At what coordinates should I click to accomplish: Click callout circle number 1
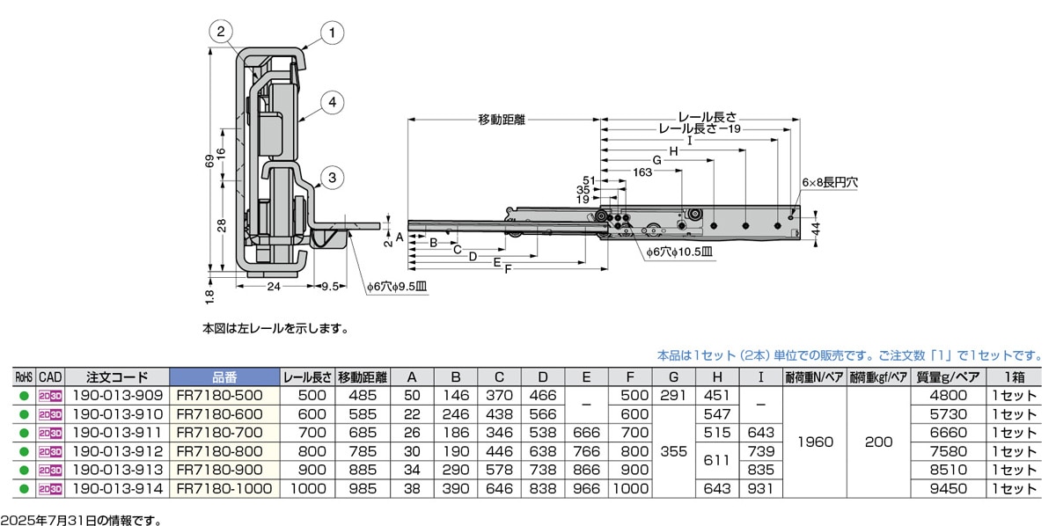pos(331,34)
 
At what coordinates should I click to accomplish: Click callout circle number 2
pos(221,33)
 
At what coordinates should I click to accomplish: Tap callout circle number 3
pos(330,177)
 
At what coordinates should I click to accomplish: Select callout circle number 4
pos(330,103)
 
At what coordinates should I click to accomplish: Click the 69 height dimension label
pos(209,164)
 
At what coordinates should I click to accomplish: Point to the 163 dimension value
pos(642,172)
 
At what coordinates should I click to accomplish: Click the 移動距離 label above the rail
pos(502,120)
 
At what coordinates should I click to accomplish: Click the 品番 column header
pos(224,376)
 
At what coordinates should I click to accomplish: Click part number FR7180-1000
pos(224,488)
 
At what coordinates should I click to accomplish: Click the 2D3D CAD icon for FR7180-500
pos(49,396)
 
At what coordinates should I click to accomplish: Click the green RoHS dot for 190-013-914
pos(24,489)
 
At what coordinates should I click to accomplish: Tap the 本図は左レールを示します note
pos(275,329)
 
